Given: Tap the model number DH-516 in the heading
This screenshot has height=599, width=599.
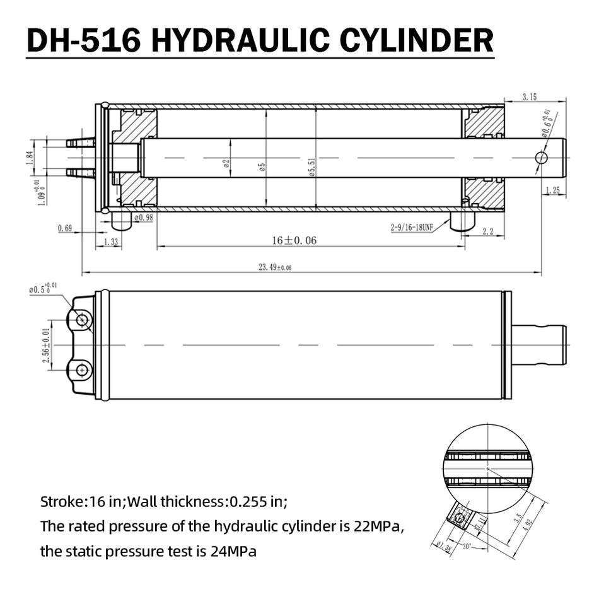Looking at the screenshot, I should [84, 40].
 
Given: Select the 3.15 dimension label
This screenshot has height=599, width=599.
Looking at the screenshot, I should [530, 96].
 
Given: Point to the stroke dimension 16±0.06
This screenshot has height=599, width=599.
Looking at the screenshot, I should [294, 240].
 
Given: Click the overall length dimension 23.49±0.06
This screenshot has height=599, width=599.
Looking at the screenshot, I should [275, 267].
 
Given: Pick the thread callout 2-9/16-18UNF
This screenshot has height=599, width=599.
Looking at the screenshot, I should [410, 228].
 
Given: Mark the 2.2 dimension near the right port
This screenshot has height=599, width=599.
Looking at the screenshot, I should [487, 232].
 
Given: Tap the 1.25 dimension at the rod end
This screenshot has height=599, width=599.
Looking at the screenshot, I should [552, 190].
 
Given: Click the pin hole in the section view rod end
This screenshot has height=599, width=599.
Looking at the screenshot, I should [541, 157].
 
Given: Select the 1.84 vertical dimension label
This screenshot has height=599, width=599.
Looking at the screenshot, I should [29, 157].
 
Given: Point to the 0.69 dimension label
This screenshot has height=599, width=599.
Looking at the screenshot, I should [64, 228].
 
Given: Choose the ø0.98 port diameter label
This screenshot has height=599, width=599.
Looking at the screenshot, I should [144, 218].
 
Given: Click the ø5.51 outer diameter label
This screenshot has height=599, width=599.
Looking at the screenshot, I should [311, 166].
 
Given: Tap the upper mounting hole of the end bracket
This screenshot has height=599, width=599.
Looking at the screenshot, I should [81, 320].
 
